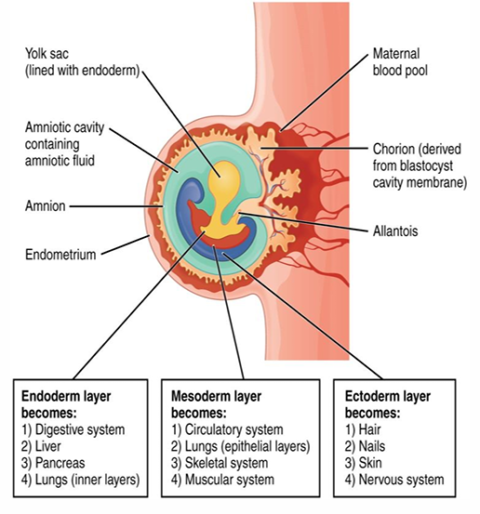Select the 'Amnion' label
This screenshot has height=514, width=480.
tap(44, 206)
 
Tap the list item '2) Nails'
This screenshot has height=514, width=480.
tap(362, 446)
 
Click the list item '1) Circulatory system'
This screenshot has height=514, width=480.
tap(228, 429)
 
